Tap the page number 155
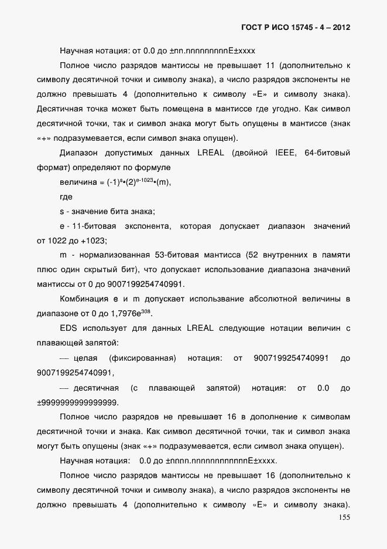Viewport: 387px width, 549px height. pyautogui.click(x=344, y=517)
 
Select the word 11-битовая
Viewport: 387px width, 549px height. pyautogui.click(x=95, y=226)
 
